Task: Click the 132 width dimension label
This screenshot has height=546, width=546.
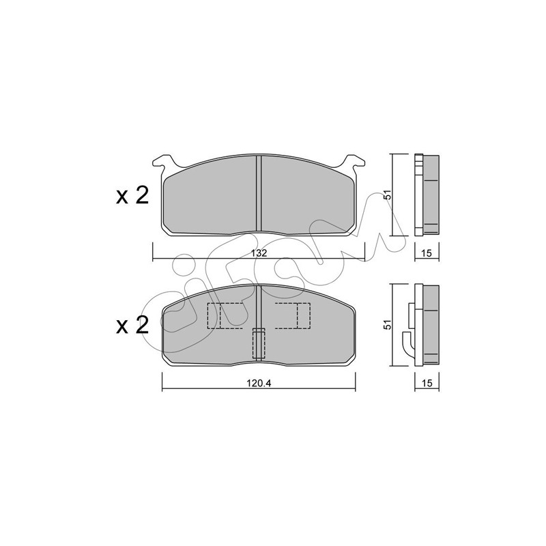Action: [259, 253]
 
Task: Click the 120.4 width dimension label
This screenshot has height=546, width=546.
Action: [259, 384]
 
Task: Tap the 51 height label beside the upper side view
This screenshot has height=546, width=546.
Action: [388, 195]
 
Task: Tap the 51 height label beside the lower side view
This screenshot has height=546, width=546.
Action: [388, 325]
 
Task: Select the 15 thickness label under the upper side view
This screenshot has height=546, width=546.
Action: [426, 253]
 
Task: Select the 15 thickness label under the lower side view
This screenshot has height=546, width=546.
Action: [426, 384]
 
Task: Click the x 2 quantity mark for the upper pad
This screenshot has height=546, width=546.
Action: [132, 195]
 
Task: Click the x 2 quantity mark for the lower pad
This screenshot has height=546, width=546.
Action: [132, 326]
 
